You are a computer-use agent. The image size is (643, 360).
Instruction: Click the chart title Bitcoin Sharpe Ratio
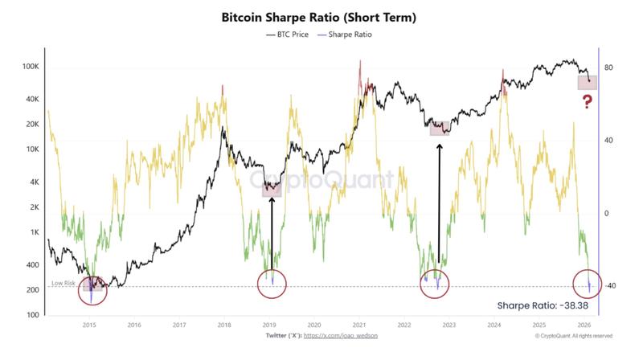pyautogui.click(x=321, y=17)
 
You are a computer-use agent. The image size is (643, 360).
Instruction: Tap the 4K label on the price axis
pyautogui.click(x=34, y=182)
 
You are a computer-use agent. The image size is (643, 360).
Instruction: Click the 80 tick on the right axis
pyautogui.click(x=609, y=67)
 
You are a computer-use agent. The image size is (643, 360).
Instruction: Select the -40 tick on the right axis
pyautogui.click(x=610, y=286)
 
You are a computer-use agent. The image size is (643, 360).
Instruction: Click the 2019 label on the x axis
pyautogui.click(x=270, y=326)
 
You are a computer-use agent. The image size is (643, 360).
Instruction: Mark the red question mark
pyautogui.click(x=588, y=101)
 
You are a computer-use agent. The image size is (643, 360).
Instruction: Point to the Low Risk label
pyautogui.click(x=63, y=281)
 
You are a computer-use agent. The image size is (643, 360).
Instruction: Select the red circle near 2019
pyautogui.click(x=272, y=282)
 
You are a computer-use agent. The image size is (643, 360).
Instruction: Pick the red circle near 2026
pyautogui.click(x=589, y=284)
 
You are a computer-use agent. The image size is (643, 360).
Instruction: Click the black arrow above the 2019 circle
pyautogui.click(x=272, y=233)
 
